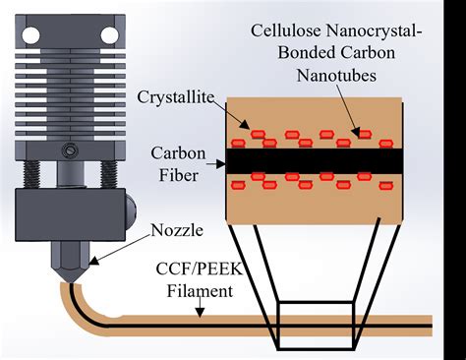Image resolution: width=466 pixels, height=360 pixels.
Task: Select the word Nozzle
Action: [179, 231]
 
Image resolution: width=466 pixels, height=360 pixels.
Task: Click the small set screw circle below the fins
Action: [70, 150]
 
